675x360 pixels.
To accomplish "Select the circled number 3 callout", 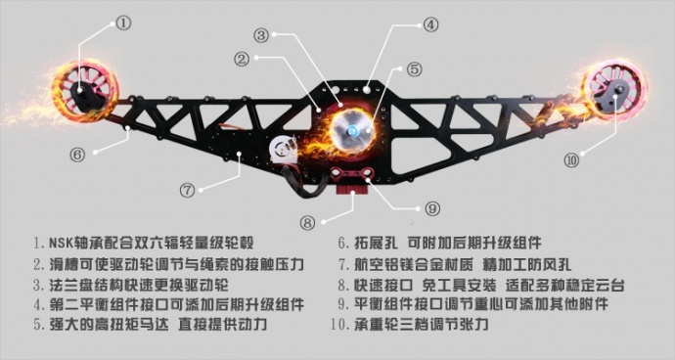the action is pos(260,35).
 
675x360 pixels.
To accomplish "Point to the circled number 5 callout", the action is pos(413,68).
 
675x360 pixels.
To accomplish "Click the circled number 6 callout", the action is pos(77,153).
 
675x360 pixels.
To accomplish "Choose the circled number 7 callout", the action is pos(188,188).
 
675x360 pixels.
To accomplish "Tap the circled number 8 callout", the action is pos(309,223).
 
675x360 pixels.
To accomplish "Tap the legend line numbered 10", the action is pos(412,324).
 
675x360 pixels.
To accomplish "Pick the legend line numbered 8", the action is pos(480,285).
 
